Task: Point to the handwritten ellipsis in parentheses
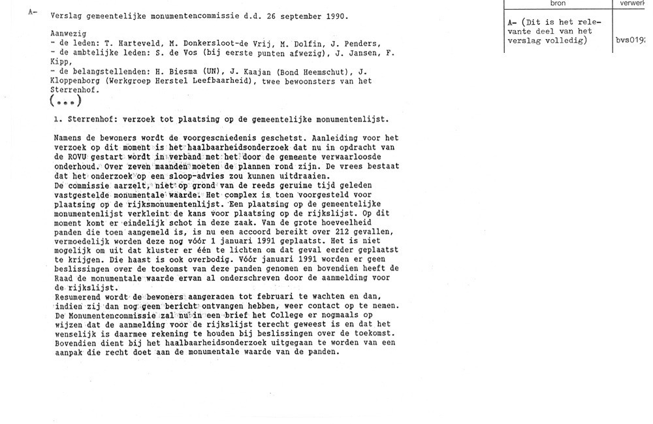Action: pos(65,101)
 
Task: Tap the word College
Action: pos(287,316)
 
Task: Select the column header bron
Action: pos(558,3)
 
